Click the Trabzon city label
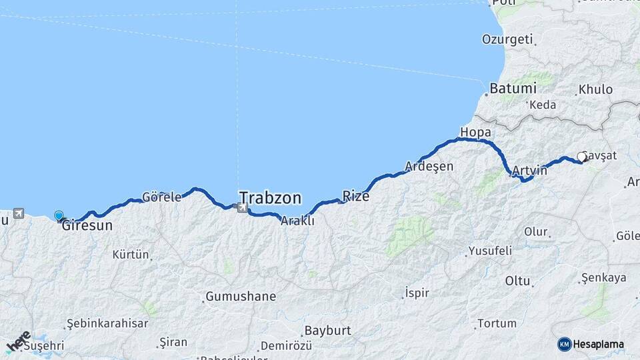coord(270,198)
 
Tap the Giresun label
coord(87,226)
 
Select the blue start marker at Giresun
coord(59,215)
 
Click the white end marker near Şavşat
coord(581,157)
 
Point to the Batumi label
coord(512,88)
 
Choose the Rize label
coord(355,196)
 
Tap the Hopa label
coord(475,132)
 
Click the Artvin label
coord(530,170)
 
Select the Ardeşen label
coord(429,166)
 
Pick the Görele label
coord(162,197)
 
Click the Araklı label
coord(297,221)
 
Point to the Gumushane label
coord(241,296)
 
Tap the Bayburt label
coord(327,331)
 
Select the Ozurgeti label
coord(507,39)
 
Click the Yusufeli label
coord(490,251)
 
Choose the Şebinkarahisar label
coord(107,323)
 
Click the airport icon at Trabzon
coord(241,208)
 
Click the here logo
coord(19,341)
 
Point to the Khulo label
coord(595,89)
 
